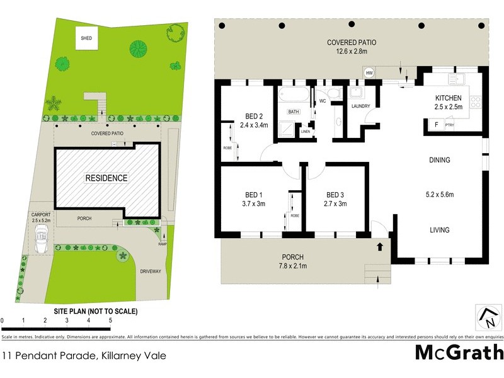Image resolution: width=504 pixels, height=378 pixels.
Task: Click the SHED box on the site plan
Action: tap(86, 38)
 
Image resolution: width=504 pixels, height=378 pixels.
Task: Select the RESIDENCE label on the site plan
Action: tap(106, 178)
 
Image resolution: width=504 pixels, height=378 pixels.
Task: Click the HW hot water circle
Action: tap(370, 73)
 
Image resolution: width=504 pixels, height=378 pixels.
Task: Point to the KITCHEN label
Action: tap(449, 98)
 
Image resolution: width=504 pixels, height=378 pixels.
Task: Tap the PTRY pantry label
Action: tap(449, 125)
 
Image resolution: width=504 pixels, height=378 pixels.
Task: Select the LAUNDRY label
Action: tap(360, 106)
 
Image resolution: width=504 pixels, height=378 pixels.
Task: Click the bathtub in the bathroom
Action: tap(294, 96)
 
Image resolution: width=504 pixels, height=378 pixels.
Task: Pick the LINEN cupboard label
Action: tap(306, 132)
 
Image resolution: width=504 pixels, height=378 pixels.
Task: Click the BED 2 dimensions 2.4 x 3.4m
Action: tap(254, 125)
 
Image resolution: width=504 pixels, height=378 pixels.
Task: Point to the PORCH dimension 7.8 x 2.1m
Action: tap(294, 266)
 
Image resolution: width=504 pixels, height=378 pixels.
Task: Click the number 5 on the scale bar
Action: tap(110, 321)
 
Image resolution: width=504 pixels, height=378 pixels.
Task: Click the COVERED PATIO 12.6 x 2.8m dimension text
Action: tap(352, 52)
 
